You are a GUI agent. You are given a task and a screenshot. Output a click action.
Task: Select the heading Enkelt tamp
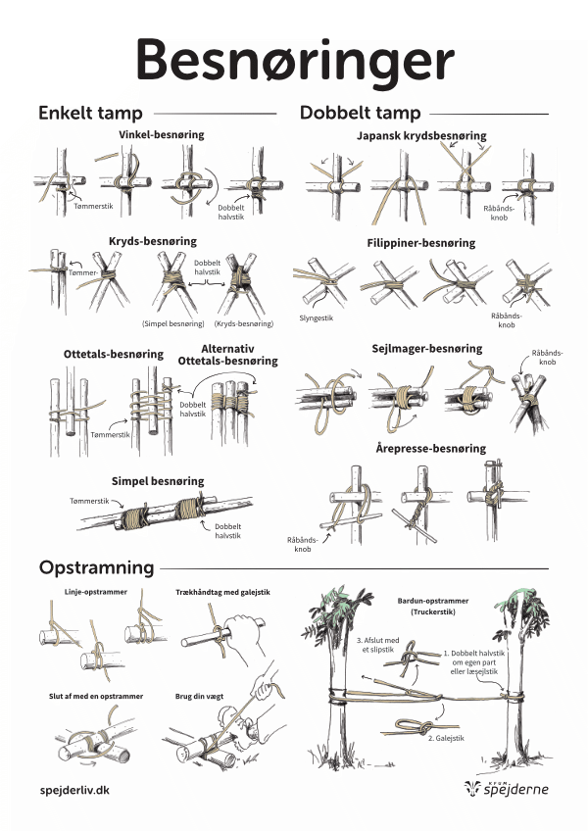90,113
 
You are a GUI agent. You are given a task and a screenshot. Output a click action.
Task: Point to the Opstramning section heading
96,566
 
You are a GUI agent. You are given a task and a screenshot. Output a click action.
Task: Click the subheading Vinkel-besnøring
161,134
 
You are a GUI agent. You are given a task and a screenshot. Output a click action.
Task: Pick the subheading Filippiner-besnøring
423,242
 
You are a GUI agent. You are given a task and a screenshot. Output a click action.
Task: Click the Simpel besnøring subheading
158,481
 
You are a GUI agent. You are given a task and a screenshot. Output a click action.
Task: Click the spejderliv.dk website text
74,789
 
